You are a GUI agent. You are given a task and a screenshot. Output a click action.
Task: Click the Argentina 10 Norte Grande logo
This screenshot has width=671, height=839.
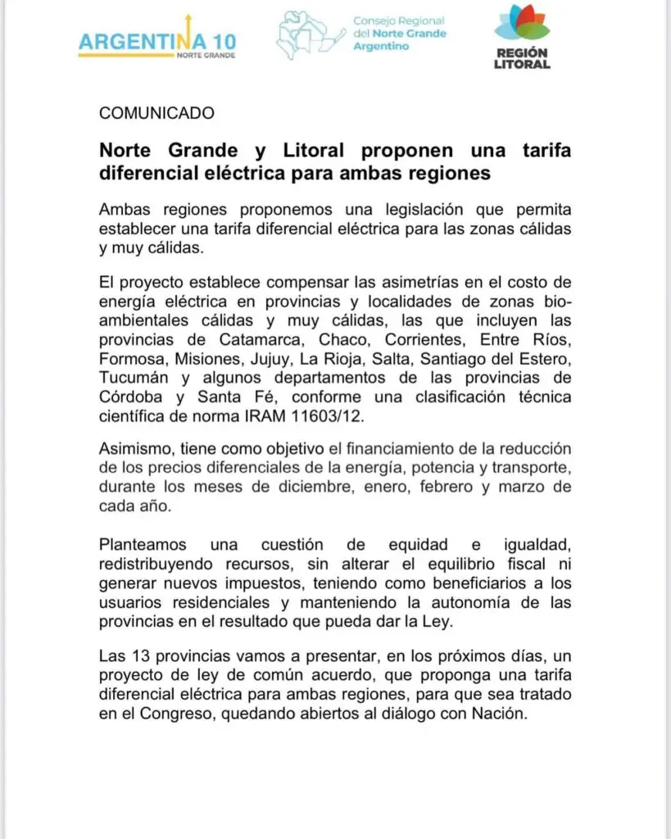click(157, 40)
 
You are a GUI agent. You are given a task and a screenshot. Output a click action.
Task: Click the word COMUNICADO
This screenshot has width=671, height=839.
click(156, 113)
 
